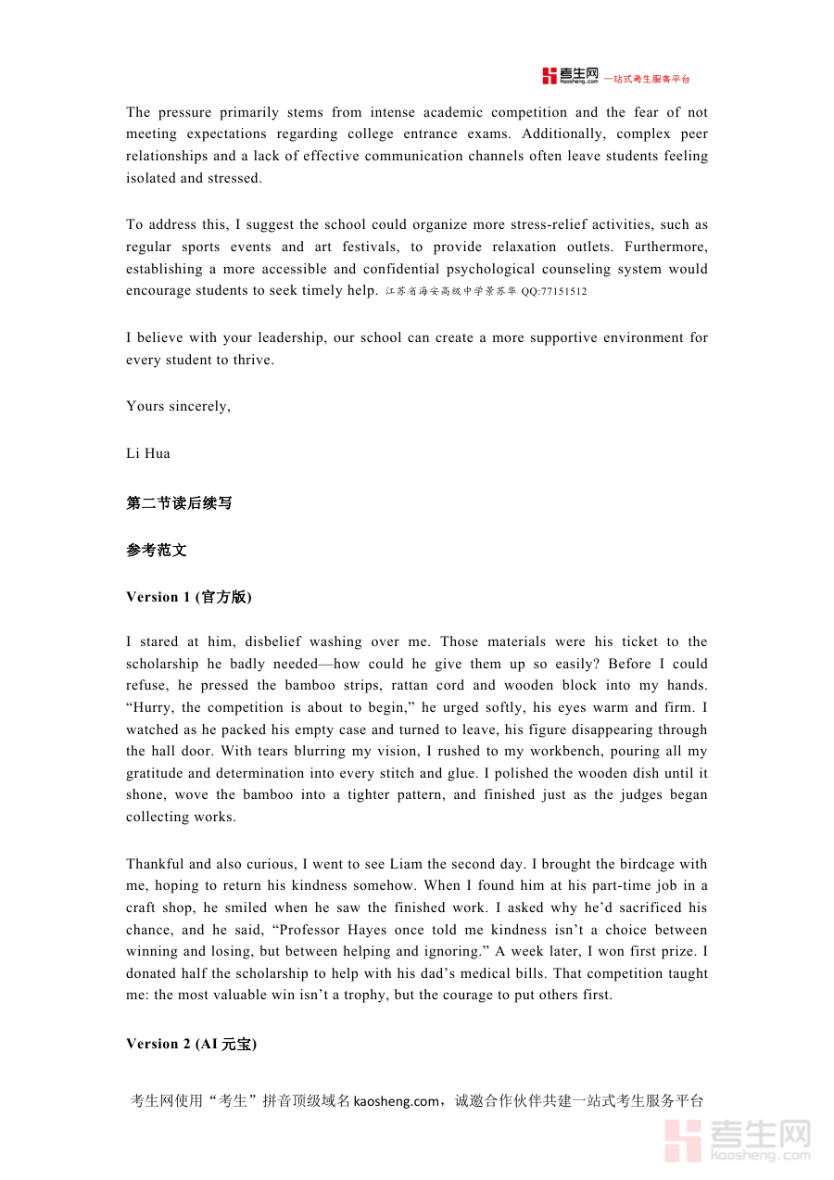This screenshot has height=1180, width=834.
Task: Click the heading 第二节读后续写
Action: coord(179,503)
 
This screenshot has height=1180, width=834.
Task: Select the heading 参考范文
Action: coord(157,550)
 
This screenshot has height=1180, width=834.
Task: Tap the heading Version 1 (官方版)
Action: coord(189,597)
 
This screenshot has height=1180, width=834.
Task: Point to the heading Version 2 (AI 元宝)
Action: coord(192,1044)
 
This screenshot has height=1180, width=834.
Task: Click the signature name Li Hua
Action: coord(148,453)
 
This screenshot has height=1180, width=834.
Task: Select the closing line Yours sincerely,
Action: coord(179,406)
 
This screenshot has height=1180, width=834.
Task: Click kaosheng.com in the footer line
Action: coord(397,1101)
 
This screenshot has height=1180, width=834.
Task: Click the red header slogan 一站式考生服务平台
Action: coord(647,80)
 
